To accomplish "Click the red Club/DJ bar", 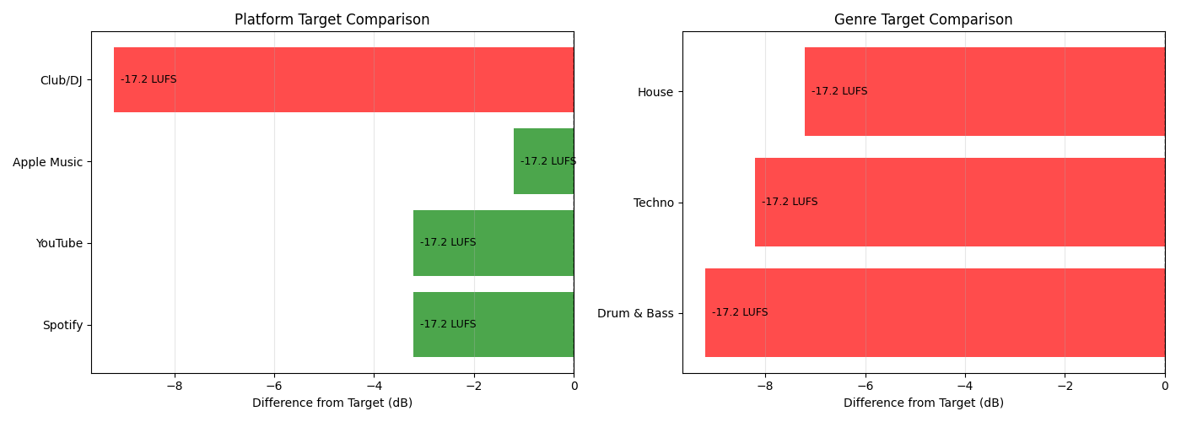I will point(343,79).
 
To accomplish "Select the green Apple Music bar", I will point(543,161).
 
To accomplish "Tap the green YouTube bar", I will point(493,243).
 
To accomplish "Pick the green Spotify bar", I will point(493,324).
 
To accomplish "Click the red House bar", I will point(984,91).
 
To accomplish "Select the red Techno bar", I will point(959,202).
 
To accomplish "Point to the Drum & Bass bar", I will point(935,312).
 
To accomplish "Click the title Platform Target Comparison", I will point(332,19).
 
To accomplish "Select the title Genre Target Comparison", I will point(923,19).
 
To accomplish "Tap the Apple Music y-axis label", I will point(47,162).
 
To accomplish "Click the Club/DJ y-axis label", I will point(61,80).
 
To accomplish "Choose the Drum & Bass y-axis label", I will point(635,313).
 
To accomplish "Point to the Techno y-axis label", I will point(653,203).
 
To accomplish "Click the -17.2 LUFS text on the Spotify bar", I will point(448,324).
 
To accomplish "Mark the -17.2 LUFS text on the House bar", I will point(839,91).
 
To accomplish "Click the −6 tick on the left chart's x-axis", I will point(274,387).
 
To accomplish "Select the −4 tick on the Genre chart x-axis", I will point(965,387).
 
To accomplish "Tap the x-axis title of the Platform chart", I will point(332,403).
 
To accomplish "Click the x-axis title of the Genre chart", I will point(923,403).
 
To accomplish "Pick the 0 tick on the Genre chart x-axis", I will point(1164,387).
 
